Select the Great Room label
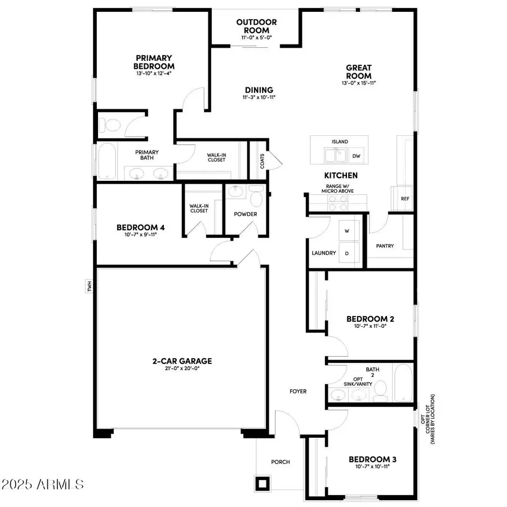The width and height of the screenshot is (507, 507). pos(359,72)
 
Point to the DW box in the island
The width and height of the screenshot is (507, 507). pos(356,156)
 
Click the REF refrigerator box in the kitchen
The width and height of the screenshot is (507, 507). pos(404,199)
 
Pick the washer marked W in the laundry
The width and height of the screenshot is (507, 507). pos(346,232)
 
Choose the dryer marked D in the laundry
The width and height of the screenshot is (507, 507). pos(346,253)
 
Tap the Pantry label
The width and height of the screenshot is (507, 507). pos(384,246)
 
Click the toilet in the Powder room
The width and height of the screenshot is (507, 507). pos(256,198)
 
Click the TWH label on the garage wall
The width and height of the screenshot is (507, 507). pos(89,287)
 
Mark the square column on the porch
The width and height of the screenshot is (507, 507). pos(263,483)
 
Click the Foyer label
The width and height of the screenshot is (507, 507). pos(298,391)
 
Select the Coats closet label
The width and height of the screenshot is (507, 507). pos(263,162)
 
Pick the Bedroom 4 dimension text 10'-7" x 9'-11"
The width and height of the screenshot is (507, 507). pos(140,235)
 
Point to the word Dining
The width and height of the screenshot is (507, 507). pos(259,90)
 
